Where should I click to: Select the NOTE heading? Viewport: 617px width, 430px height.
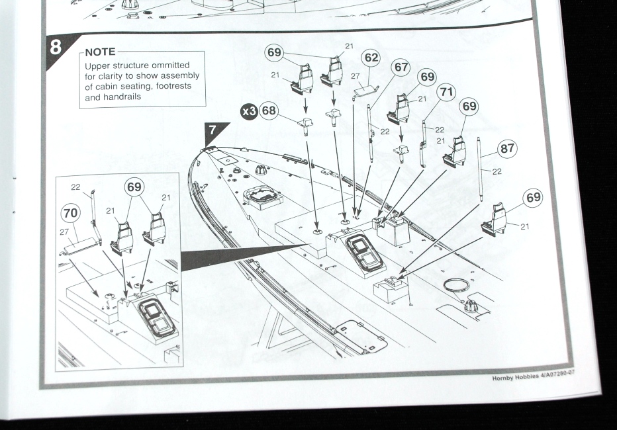[x=100, y=52]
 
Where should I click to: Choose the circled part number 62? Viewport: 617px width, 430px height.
[x=371, y=58]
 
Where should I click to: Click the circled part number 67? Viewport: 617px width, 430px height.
[x=401, y=67]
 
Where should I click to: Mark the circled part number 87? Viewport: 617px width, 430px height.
[x=508, y=149]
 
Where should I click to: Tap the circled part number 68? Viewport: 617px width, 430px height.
[x=268, y=110]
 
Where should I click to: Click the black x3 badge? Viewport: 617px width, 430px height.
[x=249, y=111]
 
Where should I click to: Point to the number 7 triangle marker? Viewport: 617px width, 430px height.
[x=215, y=130]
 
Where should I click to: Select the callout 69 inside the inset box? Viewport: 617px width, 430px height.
[x=134, y=187]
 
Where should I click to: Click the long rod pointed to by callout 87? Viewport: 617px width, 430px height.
[x=480, y=169]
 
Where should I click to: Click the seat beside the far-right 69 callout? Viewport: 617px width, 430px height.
[x=495, y=220]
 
